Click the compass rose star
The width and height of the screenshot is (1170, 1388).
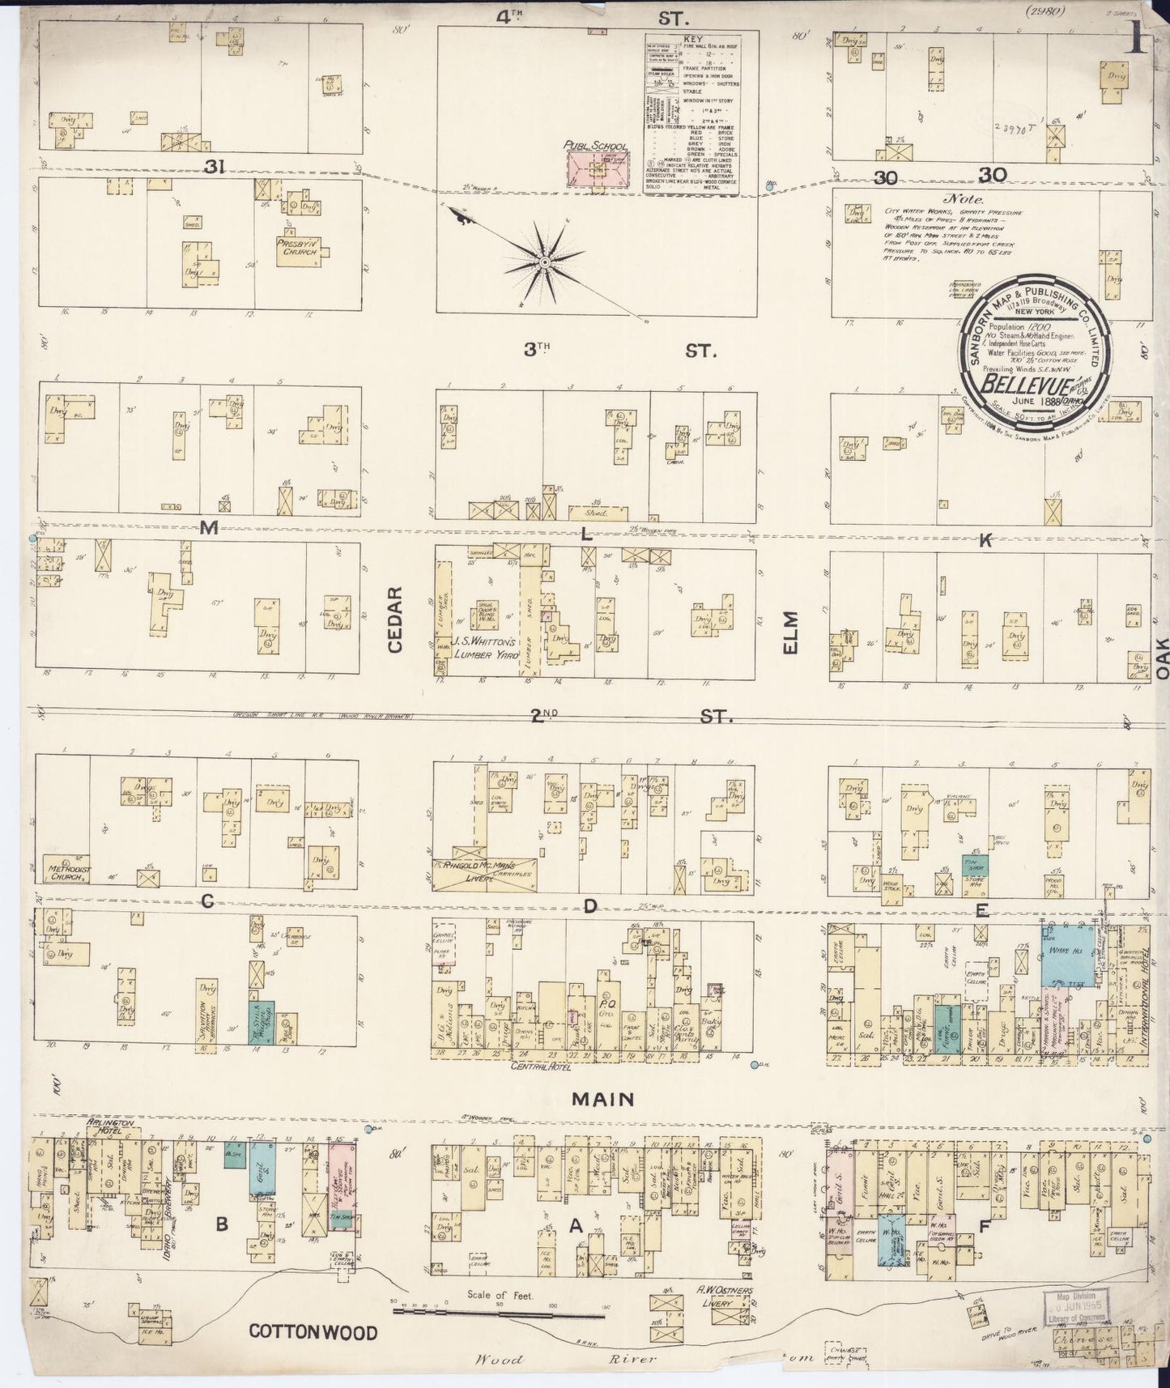coord(545,262)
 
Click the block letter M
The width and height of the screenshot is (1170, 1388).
coord(209,529)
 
